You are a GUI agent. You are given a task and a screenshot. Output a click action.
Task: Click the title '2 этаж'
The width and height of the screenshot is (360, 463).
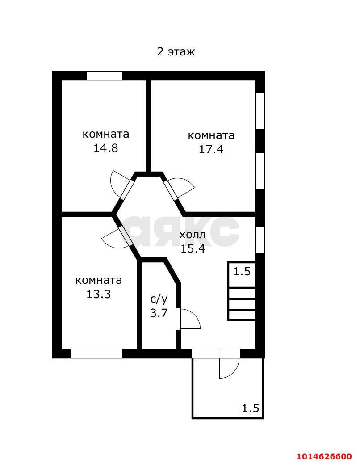click(x=176, y=52)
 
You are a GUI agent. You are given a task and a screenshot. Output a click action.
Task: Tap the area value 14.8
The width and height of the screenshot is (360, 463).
click(x=106, y=148)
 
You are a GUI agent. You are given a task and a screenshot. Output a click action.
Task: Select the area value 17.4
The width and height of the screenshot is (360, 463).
click(x=211, y=149)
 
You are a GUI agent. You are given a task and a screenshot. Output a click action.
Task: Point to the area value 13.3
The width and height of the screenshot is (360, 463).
click(x=99, y=294)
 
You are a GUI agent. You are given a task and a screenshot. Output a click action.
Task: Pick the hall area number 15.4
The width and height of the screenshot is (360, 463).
click(x=193, y=248)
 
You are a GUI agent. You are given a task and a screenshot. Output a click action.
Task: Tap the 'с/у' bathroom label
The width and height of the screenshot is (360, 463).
click(x=159, y=299)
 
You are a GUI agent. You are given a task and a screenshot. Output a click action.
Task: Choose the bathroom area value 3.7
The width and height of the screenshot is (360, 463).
click(x=159, y=313)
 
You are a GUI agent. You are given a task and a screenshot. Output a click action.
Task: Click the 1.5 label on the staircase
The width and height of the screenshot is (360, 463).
click(x=242, y=271)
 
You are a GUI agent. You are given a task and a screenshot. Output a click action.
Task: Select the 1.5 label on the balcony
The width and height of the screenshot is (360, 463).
click(x=251, y=408)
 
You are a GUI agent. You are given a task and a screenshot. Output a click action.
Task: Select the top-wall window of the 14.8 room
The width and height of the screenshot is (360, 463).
click(x=105, y=76)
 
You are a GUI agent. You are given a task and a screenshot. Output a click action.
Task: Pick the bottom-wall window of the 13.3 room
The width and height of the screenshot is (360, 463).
click(x=96, y=354)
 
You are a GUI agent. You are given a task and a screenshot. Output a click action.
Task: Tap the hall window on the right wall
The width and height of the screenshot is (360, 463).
click(x=260, y=240)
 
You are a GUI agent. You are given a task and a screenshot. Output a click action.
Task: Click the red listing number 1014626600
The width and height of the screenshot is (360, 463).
click(x=324, y=456)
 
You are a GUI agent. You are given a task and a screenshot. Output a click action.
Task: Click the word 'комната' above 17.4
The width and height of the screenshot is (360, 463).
click(x=211, y=135)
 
